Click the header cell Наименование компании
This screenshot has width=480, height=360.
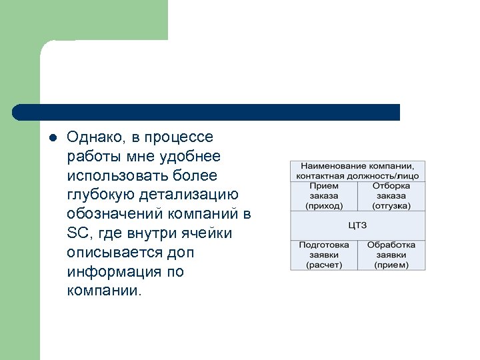(x=357, y=171)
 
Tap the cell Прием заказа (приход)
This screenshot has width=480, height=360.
(x=323, y=196)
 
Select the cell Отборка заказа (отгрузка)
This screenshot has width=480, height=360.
(x=391, y=196)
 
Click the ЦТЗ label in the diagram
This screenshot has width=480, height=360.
(x=357, y=225)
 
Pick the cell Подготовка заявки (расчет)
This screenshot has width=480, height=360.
(x=323, y=255)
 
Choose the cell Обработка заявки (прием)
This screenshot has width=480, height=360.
(x=391, y=255)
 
